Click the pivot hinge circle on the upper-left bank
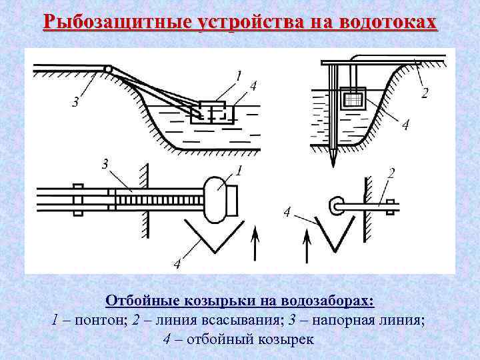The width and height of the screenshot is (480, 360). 108,69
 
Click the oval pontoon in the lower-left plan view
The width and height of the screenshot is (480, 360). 217,199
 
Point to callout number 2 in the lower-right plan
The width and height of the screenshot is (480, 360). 391,173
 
